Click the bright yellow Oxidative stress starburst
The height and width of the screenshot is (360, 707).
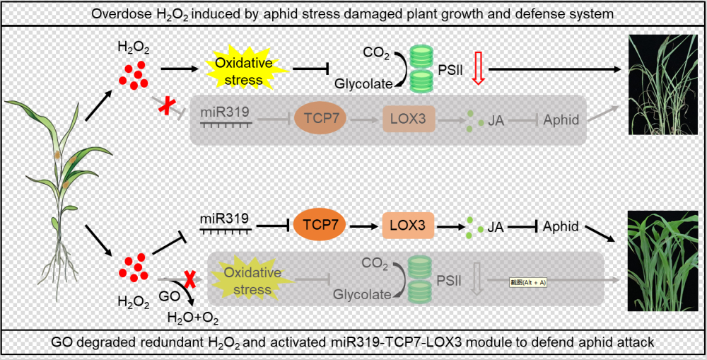coord(238,71)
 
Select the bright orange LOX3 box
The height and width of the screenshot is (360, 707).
coord(407,226)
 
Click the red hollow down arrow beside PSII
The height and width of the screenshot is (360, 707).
coord(478,71)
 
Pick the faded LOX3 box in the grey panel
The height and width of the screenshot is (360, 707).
coord(407,120)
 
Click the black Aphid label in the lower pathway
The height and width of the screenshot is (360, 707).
coord(561,227)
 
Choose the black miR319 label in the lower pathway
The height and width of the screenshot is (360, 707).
coord(225,219)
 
